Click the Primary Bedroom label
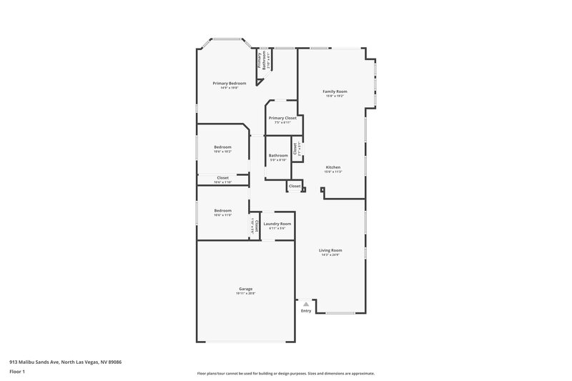click(x=229, y=83)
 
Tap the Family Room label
click(x=334, y=91)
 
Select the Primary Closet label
click(x=282, y=118)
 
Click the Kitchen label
click(x=333, y=167)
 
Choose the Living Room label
click(x=330, y=250)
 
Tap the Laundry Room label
click(x=277, y=224)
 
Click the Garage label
click(x=245, y=289)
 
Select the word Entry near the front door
click(x=306, y=311)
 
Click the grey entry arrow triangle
click(x=306, y=304)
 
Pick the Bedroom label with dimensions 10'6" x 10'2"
click(x=222, y=147)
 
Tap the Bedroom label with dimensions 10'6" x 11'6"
click(x=222, y=210)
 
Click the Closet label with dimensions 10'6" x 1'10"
click(x=222, y=177)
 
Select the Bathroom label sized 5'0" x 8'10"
click(x=277, y=155)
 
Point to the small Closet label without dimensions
click(x=295, y=186)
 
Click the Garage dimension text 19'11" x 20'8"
click(x=245, y=293)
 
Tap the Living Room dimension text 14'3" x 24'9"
click(x=330, y=254)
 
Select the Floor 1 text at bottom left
click(x=17, y=372)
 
